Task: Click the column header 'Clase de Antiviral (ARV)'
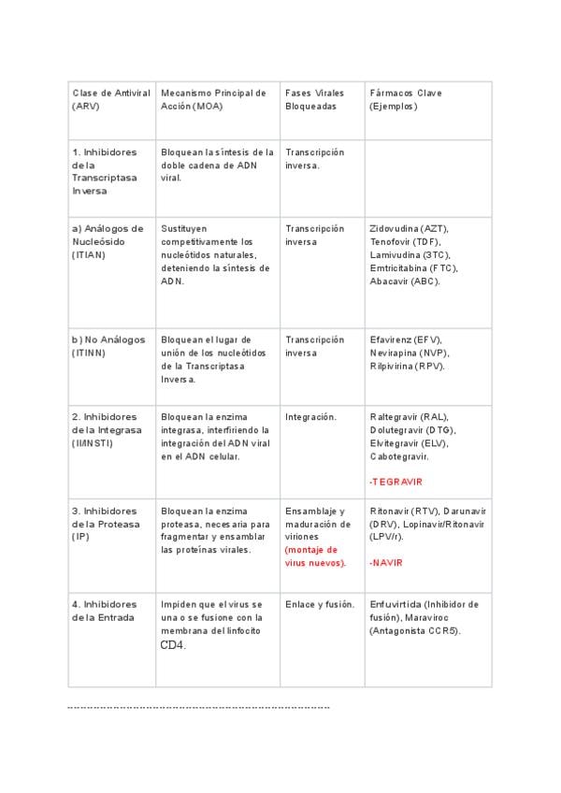[x=110, y=99]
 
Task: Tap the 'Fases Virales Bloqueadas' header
[x=314, y=99]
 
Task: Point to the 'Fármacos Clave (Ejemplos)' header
[x=406, y=99]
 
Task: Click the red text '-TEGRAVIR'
[x=396, y=482]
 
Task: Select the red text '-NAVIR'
[x=386, y=563]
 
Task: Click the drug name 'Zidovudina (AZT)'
[x=409, y=228]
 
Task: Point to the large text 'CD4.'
[x=173, y=645]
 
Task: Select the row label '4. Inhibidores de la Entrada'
[x=104, y=611]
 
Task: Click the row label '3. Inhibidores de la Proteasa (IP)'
[x=104, y=524]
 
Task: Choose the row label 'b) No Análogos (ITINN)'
[x=108, y=346]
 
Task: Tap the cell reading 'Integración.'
[x=311, y=417]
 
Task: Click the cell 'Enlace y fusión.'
[x=320, y=604]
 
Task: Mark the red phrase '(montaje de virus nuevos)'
[x=315, y=556]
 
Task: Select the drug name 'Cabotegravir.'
[x=399, y=456]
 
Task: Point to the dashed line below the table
[x=198, y=708]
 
